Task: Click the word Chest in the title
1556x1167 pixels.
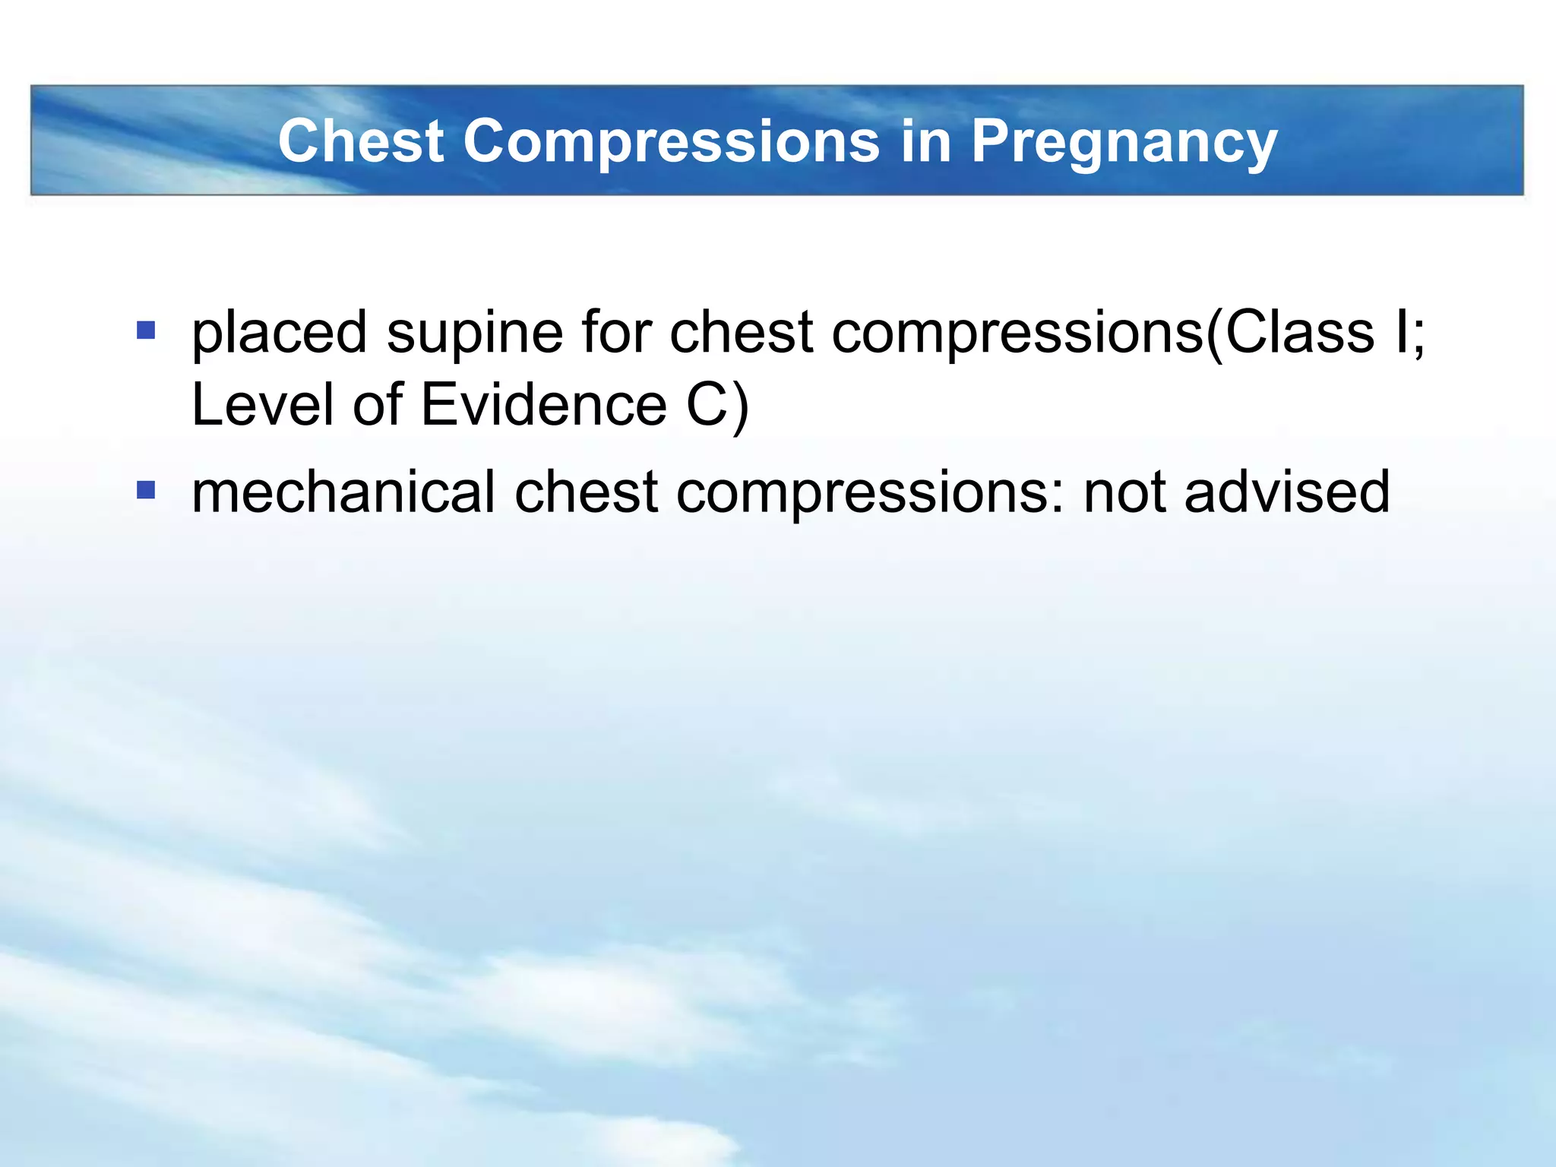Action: [361, 141]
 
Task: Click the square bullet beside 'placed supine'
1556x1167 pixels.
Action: [146, 330]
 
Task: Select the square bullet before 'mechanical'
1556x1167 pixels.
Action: [146, 490]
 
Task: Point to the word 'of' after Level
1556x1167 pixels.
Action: [377, 404]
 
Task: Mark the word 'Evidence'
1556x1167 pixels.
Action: [543, 404]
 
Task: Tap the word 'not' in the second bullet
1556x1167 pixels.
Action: [1124, 492]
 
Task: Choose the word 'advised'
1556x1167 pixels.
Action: [1287, 492]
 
